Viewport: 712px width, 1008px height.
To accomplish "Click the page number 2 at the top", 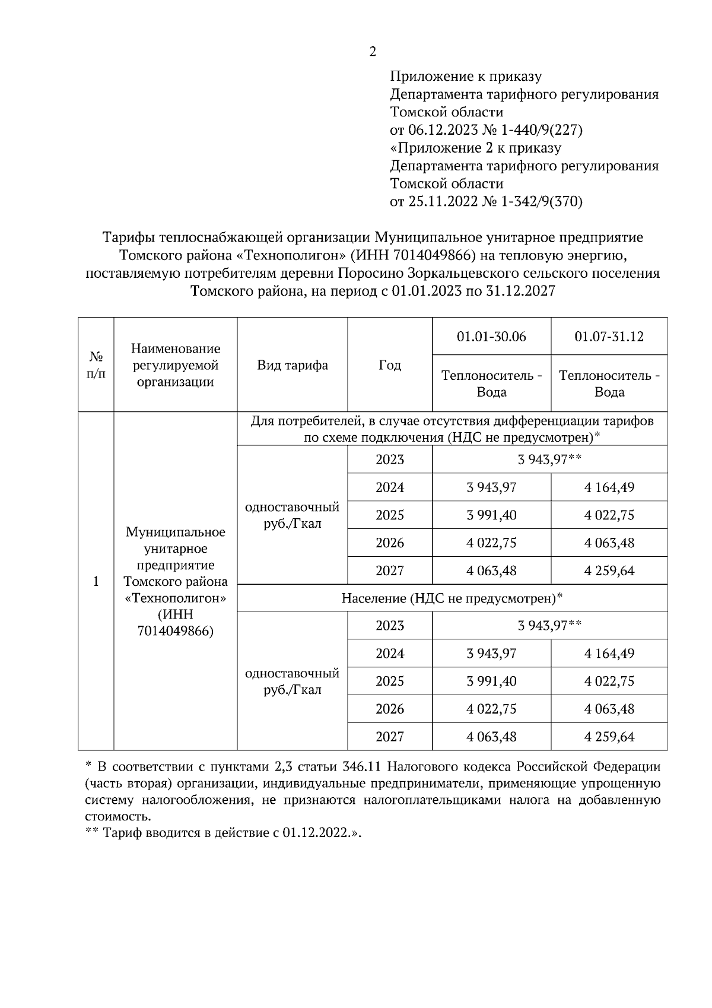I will [373, 52].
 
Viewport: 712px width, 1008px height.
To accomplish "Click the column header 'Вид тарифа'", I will [292, 365].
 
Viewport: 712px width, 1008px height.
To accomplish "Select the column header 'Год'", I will [390, 365].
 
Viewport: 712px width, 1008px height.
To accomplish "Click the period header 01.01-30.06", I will [491, 337].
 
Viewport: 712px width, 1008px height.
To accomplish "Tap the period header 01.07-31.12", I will [609, 337].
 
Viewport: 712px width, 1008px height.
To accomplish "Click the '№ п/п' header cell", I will [96, 365].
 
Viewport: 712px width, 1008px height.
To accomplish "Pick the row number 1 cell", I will [96, 581].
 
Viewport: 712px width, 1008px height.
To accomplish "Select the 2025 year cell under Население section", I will [390, 681].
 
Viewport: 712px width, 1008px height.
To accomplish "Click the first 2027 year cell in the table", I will [390, 570].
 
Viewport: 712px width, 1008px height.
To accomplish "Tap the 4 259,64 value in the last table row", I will [609, 737].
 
